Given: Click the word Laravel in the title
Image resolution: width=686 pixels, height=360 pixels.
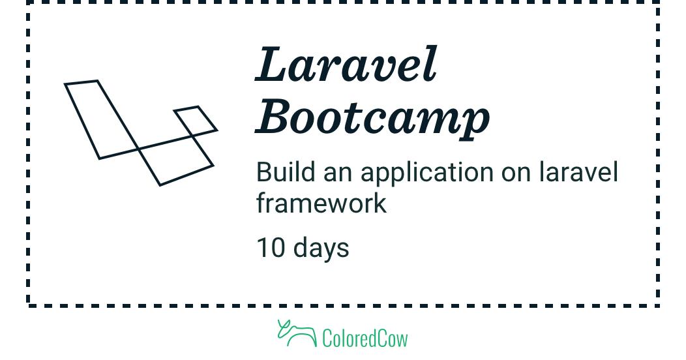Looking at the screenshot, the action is coord(346,64).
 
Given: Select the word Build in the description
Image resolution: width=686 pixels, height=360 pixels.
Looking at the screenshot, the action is coord(286,172).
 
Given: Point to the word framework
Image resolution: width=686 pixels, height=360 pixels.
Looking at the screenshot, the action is coord(321,203).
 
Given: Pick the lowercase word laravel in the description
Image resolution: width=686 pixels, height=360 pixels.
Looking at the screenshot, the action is coord(578,172).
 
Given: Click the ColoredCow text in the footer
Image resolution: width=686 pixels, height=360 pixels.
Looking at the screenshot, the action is coord(365,338).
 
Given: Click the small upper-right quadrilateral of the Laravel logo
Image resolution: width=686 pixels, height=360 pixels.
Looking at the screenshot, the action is coord(196,118).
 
